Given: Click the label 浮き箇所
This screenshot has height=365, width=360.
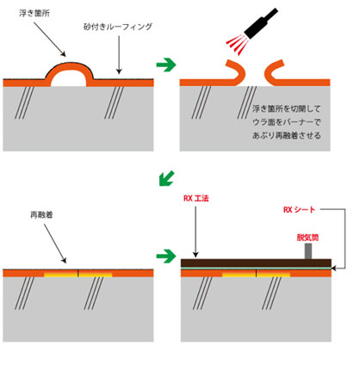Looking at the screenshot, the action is [x=34, y=13].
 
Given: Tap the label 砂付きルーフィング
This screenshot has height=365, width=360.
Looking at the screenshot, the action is [x=118, y=27].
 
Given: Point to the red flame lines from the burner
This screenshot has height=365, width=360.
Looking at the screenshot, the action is [x=238, y=44].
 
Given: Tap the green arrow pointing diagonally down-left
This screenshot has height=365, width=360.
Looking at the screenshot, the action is [x=166, y=178].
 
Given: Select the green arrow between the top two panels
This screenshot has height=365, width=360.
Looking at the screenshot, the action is [x=166, y=65].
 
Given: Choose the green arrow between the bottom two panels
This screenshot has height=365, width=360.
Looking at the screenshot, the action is [x=166, y=256].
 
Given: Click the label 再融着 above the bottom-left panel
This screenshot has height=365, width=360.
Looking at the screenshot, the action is [x=41, y=214].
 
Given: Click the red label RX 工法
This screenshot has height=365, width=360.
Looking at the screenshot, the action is [x=196, y=198].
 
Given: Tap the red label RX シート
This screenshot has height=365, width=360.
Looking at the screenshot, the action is [x=299, y=210].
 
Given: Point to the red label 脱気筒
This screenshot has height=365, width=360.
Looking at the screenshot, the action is [x=307, y=238].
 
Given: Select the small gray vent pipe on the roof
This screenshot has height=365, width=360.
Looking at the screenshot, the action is [x=308, y=251].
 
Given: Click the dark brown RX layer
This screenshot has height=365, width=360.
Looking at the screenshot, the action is [x=256, y=263].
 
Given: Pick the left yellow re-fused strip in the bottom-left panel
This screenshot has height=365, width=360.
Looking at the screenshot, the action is [x=60, y=275].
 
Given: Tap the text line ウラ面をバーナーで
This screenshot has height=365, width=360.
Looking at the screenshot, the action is [x=287, y=122].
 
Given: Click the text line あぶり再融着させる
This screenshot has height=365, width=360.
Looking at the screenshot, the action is [x=287, y=135].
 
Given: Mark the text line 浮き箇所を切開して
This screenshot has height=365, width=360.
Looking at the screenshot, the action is [x=286, y=108].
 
